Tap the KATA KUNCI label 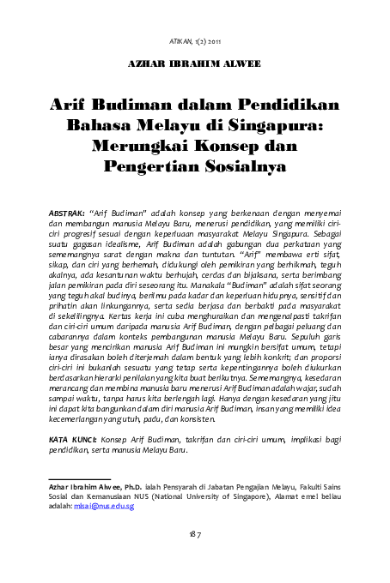click(72, 438)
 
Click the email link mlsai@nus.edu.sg click(103, 506)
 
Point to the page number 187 click(195, 535)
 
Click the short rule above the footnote click(79, 479)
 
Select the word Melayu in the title click(170, 127)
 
